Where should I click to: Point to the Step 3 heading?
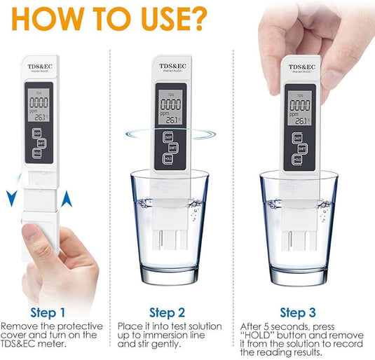pos(298,312)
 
